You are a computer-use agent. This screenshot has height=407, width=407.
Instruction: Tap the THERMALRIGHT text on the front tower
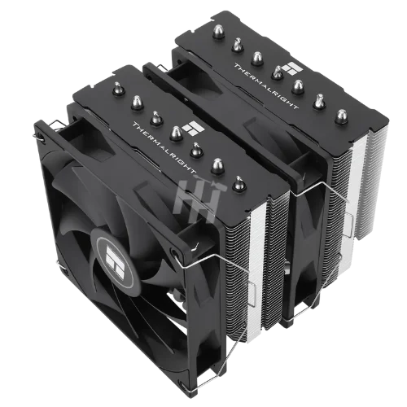point(164,147)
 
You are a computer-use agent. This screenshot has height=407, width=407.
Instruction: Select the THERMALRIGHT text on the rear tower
point(266,86)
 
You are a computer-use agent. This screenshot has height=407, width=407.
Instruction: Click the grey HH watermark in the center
point(200,199)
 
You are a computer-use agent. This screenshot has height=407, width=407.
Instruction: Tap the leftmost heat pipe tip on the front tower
point(119,89)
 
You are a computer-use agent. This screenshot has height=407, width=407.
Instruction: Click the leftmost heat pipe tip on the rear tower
point(218,32)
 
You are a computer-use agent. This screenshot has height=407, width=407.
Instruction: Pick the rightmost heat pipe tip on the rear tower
point(341,116)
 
